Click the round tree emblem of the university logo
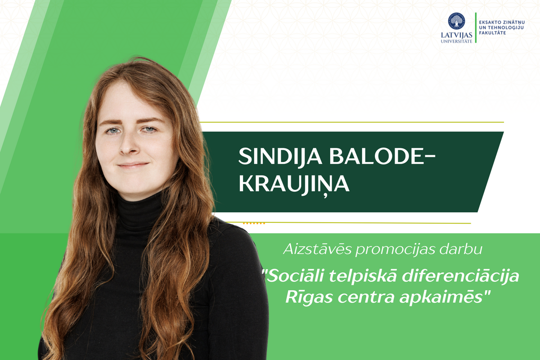point(456,21)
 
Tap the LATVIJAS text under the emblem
point(456,35)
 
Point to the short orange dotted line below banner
point(254,223)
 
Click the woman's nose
point(128,145)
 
